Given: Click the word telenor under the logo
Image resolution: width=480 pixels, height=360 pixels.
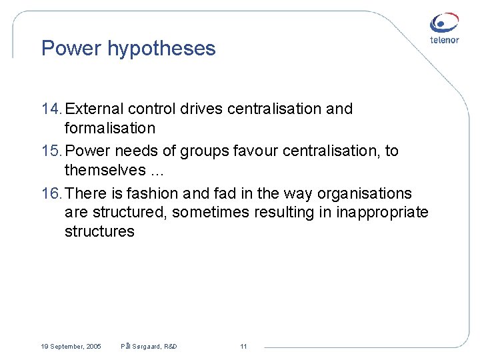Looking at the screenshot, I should click(444, 40).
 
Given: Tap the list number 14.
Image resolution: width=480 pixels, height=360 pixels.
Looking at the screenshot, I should click(51, 109).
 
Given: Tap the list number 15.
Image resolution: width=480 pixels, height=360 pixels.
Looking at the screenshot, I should click(51, 151).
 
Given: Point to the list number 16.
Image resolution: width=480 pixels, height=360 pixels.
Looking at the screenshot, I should click(51, 194).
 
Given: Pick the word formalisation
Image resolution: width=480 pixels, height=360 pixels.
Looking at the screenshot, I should click(109, 128).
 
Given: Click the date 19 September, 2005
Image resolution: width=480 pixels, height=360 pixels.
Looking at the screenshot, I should click(71, 347).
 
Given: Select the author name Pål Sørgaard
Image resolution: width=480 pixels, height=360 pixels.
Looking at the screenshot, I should click(141, 347).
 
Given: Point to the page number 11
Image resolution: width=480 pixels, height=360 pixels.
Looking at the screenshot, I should click(243, 347).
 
